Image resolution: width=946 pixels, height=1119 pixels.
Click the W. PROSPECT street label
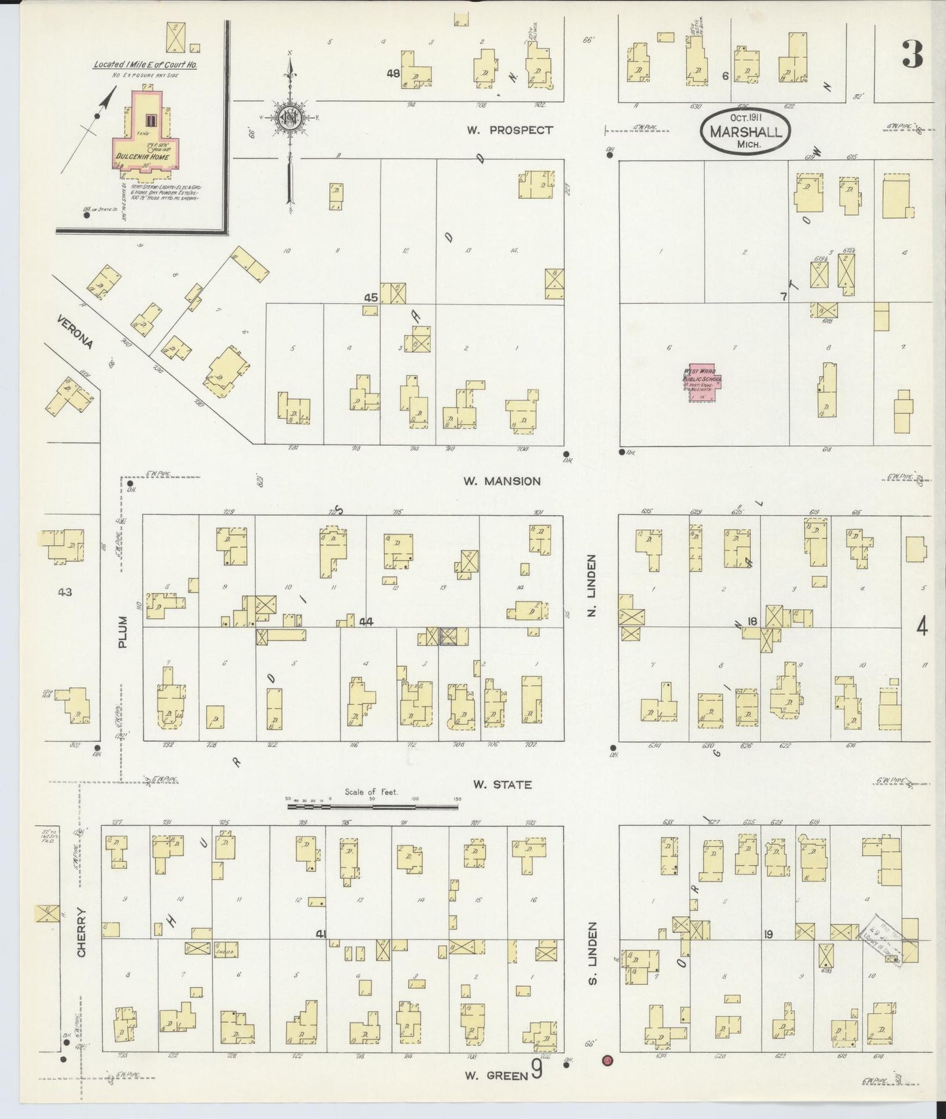(x=509, y=130)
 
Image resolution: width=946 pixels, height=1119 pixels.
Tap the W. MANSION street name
(x=502, y=481)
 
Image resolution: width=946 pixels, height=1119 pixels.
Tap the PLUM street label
(x=123, y=635)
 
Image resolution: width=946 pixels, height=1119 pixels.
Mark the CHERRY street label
(x=82, y=932)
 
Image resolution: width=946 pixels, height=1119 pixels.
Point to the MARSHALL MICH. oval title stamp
(x=745, y=132)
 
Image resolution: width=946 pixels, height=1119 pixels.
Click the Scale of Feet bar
(x=373, y=807)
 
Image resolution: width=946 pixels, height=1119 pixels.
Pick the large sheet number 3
(x=912, y=54)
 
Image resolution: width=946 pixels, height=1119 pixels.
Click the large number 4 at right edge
(x=922, y=628)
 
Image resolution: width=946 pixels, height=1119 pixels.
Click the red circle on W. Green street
(x=608, y=1059)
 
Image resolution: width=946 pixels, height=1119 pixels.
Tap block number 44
(x=365, y=622)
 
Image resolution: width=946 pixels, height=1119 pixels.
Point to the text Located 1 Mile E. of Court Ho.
(x=145, y=64)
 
